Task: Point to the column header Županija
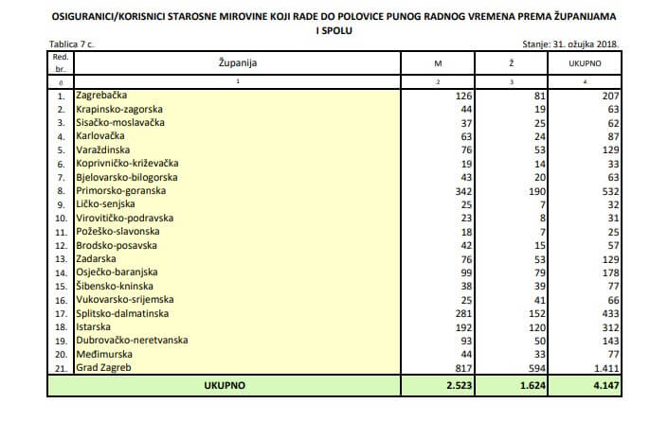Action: (238, 63)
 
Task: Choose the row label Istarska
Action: (95, 325)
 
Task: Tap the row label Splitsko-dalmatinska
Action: (124, 312)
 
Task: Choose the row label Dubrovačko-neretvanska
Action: (131, 339)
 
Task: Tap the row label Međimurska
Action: (101, 353)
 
